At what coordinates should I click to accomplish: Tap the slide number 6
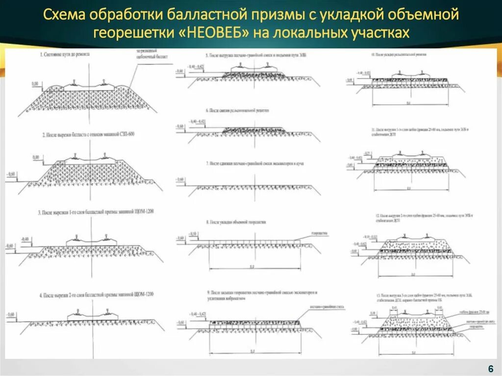[x=490, y=369]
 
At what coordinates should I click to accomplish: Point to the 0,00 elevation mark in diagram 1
[x=34, y=84]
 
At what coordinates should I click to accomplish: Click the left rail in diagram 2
[x=76, y=157]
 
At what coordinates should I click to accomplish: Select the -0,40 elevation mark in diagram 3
[x=25, y=239]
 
